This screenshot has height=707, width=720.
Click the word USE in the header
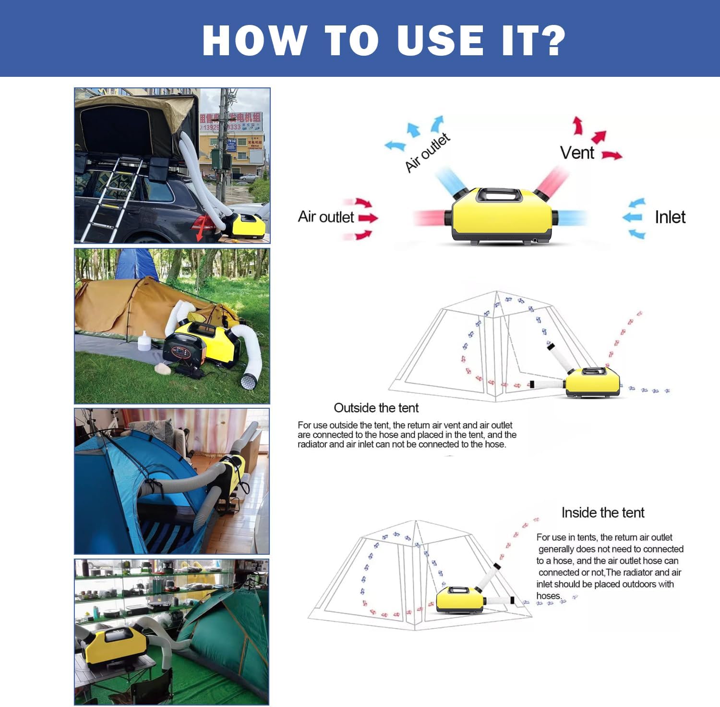440,40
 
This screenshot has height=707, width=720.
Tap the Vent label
577,153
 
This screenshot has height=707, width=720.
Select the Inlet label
670,217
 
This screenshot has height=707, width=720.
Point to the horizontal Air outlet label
325,217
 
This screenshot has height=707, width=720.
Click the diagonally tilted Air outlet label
427,153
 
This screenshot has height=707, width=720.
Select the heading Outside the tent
376,408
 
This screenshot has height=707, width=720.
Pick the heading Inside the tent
602,512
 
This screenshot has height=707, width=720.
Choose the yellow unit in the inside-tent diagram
459,599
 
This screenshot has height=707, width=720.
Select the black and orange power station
184,348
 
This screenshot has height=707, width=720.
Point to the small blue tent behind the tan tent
136,264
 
